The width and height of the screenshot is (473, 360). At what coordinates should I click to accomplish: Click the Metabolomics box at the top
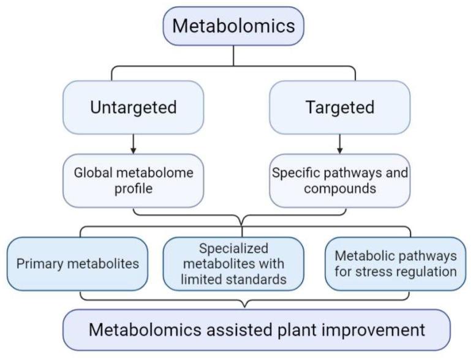(233, 26)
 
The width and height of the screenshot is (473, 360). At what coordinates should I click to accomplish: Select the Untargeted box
(133, 107)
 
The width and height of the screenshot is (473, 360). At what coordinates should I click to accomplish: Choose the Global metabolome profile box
(133, 181)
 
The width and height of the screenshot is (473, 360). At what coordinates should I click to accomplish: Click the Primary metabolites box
(78, 264)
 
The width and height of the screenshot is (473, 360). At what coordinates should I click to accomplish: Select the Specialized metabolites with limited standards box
(233, 264)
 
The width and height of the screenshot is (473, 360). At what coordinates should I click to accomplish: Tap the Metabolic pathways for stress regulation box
(391, 264)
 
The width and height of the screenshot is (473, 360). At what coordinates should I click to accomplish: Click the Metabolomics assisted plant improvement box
(257, 330)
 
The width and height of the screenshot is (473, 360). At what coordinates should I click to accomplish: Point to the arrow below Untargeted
(133, 145)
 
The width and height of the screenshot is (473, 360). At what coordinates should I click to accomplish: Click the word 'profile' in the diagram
(134, 189)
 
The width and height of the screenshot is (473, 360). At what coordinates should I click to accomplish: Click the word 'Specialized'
(233, 249)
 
